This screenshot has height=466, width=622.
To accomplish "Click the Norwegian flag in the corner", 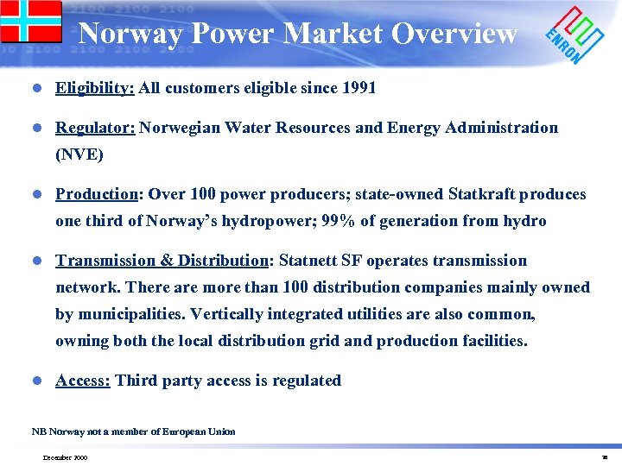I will click(x=30, y=22).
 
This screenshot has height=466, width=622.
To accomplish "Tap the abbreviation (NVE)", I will click(x=79, y=154).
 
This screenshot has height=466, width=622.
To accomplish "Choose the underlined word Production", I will click(x=98, y=194).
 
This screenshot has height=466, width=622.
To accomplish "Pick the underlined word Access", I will click(x=83, y=381).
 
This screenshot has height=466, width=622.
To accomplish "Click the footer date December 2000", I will click(x=64, y=457).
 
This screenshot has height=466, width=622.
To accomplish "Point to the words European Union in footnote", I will click(x=200, y=431).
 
